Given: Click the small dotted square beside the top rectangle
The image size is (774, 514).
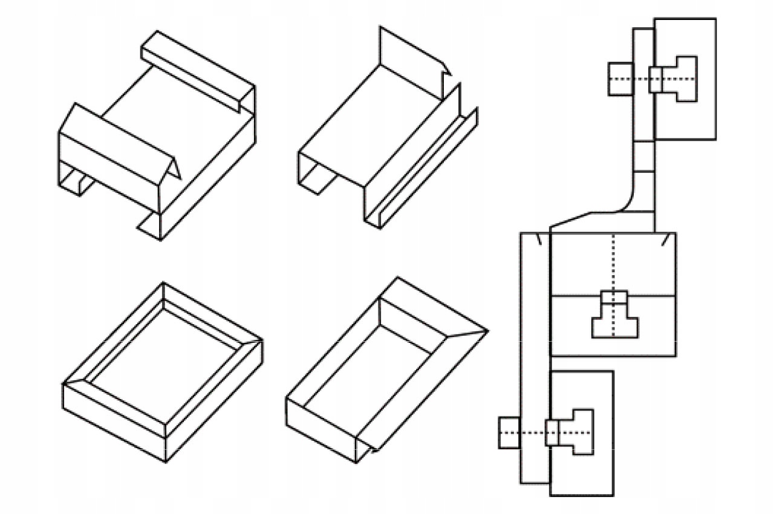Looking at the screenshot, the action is pyautogui.click(x=620, y=79).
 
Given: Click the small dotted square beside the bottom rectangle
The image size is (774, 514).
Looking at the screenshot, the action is pyautogui.click(x=509, y=433).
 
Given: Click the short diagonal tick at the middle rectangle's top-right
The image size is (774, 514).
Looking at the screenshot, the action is pyautogui.click(x=665, y=241).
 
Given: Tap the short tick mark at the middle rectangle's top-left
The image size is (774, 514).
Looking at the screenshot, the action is pyautogui.click(x=539, y=241).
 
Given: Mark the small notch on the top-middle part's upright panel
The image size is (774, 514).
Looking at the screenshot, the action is pyautogui.click(x=447, y=68).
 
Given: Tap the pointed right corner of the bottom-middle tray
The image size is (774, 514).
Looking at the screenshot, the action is pyautogui.click(x=485, y=331).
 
